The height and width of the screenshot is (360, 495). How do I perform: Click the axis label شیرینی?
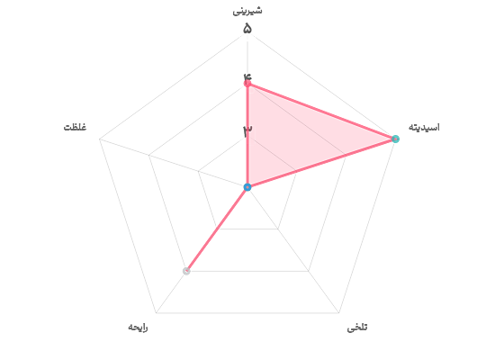click(247, 11)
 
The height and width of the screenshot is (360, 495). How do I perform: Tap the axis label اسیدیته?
click(424, 127)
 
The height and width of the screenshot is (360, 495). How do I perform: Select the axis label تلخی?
click(357, 328)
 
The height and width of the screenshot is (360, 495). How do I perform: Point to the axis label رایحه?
click(138, 328)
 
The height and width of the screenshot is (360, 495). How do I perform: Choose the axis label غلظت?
click(75, 127)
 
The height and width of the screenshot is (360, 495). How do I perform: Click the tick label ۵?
click(247, 29)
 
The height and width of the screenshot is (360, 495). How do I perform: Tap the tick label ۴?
click(247, 76)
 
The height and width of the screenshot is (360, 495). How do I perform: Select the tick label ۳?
click(247, 130)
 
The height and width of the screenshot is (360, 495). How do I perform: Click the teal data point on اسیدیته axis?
click(395, 139)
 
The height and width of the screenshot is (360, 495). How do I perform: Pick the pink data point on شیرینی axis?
click(247, 84)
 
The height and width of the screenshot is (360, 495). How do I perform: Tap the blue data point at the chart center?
click(247, 187)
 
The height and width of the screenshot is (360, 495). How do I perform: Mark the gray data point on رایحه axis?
click(186, 271)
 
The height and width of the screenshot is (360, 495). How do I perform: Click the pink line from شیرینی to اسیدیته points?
click(321, 112)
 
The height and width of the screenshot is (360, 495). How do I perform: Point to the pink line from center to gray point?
click(217, 229)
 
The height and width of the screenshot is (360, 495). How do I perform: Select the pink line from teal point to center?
click(321, 163)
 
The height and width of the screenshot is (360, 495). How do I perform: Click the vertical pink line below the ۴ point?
click(247, 135)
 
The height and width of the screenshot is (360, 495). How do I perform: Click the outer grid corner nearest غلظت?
click(99, 139)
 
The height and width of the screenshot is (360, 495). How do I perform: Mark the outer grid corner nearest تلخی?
click(339, 313)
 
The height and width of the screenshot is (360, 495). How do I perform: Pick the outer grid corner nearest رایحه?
click(156, 313)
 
